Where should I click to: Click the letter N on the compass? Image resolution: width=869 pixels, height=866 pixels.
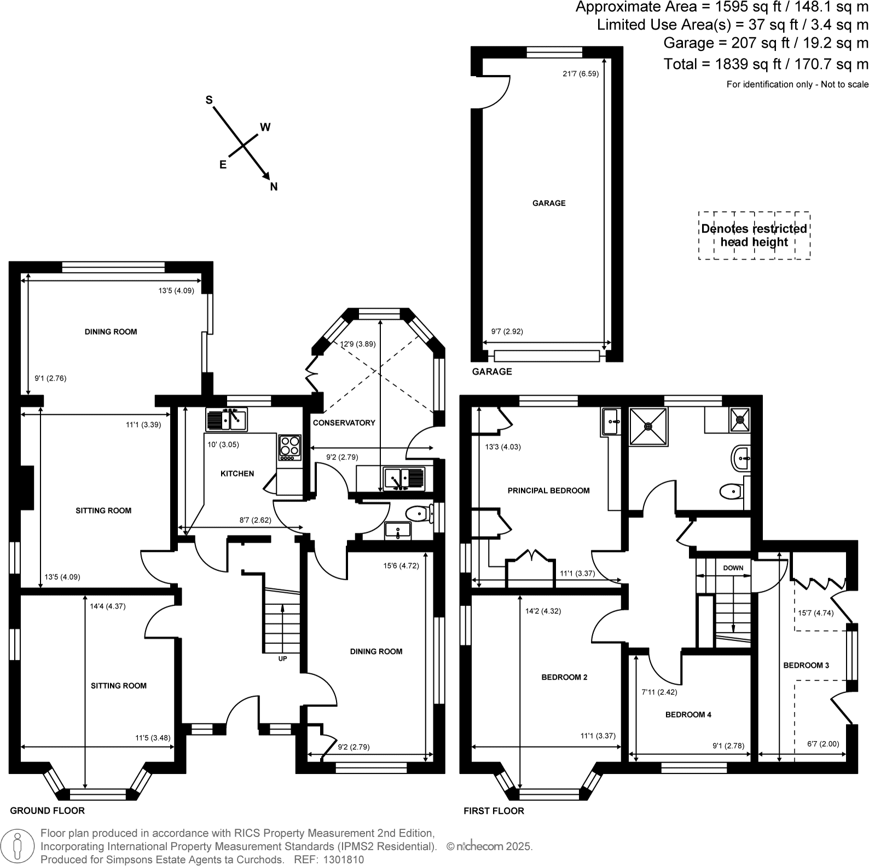pos(274,187)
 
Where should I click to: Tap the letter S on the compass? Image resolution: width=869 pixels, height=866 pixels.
pos(208,100)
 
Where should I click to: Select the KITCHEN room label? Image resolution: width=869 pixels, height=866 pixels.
pos(237,474)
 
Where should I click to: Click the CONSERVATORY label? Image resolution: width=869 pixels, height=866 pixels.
pos(344,423)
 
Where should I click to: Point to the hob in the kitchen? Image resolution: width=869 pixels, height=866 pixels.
pos(290,447)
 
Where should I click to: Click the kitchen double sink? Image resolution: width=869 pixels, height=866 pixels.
pos(227,420)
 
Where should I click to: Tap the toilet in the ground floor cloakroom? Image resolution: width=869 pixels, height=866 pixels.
pos(418,513)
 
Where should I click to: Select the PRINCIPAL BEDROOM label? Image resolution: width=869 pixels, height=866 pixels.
pos(548,490)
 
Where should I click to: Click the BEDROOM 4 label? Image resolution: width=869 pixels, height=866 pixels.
pos(688,714)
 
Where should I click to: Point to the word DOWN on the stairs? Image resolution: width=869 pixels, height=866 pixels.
pos(733,568)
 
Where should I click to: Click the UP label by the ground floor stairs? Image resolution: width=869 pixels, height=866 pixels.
pos(282,659)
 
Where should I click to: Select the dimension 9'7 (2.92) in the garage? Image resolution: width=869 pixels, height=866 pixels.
pos(507,331)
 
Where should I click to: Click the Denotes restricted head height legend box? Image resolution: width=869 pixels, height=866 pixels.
pos(754,235)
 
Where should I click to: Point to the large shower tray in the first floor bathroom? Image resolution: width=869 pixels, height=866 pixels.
pos(648,426)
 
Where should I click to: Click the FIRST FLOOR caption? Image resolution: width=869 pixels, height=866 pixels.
pos(494,811)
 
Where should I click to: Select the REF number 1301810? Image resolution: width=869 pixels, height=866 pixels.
pos(344,859)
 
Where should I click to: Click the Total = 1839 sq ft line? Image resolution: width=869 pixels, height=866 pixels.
pos(766,64)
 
